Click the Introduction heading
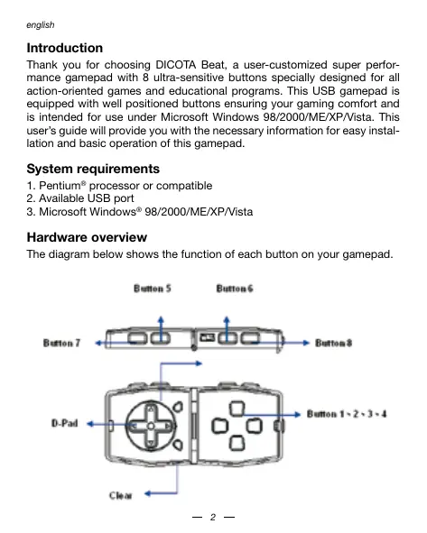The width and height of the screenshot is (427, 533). click(x=65, y=48)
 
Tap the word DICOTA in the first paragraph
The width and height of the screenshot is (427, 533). click(x=175, y=65)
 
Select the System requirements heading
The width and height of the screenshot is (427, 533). click(x=93, y=169)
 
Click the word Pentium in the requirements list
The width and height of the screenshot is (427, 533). click(x=60, y=186)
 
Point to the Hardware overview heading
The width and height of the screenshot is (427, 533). click(x=87, y=237)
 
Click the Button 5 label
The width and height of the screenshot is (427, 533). click(x=153, y=289)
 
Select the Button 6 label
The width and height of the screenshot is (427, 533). click(x=235, y=289)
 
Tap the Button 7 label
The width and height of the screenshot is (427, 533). click(x=61, y=343)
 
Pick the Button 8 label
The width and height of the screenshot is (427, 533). click(x=333, y=343)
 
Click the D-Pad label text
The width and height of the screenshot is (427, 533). click(x=65, y=423)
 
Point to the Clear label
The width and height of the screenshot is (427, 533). click(x=120, y=496)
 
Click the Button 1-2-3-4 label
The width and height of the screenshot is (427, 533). click(x=347, y=414)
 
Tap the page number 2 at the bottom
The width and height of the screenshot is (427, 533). click(x=213, y=517)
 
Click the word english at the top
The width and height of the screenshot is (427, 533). click(x=40, y=25)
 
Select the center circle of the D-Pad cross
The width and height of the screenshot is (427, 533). click(x=151, y=426)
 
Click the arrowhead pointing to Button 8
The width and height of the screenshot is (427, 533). click(x=307, y=343)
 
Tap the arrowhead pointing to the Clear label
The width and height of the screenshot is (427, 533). click(x=148, y=493)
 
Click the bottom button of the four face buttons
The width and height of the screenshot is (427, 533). click(x=237, y=443)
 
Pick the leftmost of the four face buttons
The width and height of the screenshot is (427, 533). click(x=219, y=427)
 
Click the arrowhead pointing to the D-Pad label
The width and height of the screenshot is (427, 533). click(x=90, y=424)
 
